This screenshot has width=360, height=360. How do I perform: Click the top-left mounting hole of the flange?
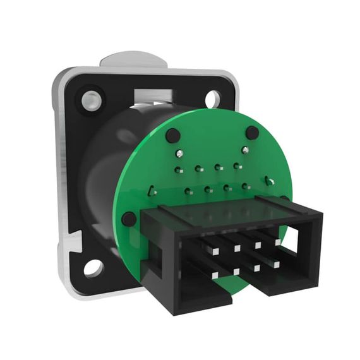[x=92, y=99]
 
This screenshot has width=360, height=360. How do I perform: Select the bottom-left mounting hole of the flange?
[x=93, y=268]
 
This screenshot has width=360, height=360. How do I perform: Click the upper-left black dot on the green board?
[x=172, y=135]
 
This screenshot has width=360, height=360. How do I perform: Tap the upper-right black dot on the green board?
[x=252, y=133]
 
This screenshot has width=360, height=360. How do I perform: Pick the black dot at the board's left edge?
[x=129, y=219]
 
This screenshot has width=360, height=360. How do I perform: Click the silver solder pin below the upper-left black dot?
[x=180, y=153]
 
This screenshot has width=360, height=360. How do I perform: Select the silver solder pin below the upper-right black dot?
[x=244, y=150]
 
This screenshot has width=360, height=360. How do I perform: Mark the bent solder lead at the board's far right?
[x=270, y=182]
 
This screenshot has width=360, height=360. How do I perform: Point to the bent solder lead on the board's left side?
[x=152, y=190]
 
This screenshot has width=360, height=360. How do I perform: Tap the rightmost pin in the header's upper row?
[x=277, y=241]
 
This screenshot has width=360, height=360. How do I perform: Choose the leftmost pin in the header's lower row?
[x=215, y=275]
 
